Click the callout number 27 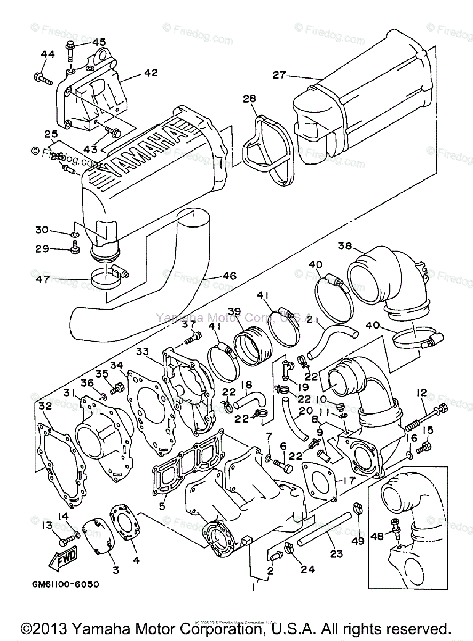point(280,75)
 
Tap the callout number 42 point(151,73)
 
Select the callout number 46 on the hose point(229,277)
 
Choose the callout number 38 point(345,246)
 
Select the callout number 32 point(45,406)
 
